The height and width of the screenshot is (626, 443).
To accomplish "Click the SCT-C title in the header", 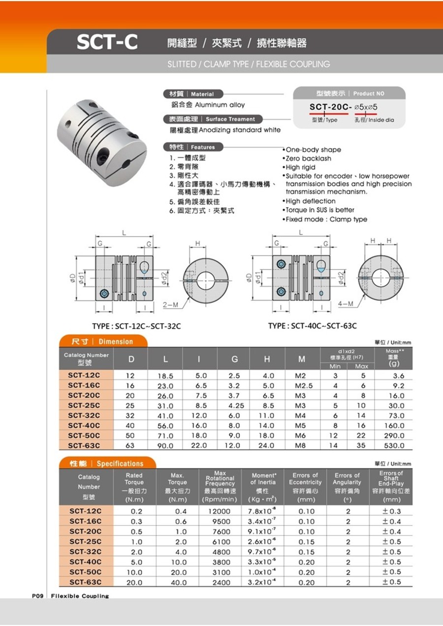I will coord(107,43).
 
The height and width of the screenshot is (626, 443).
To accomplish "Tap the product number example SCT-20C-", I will coord(330,107).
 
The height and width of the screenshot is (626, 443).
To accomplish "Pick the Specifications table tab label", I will coord(107,463).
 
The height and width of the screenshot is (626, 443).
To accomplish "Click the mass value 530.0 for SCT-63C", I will coord(394,445).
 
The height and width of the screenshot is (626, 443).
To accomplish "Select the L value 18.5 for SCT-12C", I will coord(165,376).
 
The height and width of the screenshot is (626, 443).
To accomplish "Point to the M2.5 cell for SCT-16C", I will coord(301,385).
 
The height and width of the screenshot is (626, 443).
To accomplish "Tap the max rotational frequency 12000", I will coord(220,511).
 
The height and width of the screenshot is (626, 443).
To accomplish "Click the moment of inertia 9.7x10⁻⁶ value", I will coord(262,552).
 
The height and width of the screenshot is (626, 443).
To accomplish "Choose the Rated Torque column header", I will coord(134,487).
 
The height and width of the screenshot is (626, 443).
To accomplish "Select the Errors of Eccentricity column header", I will coord(305,487).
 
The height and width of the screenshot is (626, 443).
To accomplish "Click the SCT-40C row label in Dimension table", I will coord(84,425).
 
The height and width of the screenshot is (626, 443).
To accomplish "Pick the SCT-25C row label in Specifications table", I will coord(85,541).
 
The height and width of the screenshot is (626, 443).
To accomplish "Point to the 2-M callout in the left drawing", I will coord(170,305).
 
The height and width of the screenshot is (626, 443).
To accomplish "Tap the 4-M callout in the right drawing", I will coord(346,303).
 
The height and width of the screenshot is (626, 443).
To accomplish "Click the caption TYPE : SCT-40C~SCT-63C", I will coord(313,326).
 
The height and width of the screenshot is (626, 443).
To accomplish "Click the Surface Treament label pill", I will coord(213,119).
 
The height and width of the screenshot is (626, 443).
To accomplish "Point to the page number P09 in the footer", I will coord(38,596).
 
